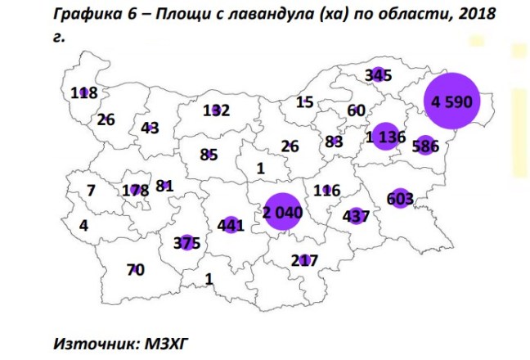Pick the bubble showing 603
coord(400,198)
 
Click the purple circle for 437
coord(355,217)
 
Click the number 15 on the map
coord(304,102)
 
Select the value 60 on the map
coord(356,110)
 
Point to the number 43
coord(149,128)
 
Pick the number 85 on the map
coord(208,153)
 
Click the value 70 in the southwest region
coord(136,268)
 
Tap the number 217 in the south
coord(304,260)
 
